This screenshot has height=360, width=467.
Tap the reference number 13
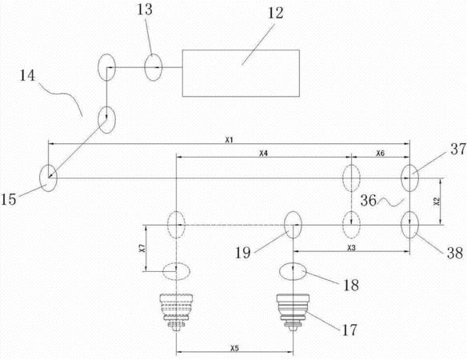[x=145, y=10]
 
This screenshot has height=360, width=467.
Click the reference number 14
[x=27, y=75]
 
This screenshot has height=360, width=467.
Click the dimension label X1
[x=229, y=140]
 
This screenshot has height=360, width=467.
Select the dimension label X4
[x=264, y=154]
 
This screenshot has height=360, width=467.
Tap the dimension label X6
[x=381, y=154]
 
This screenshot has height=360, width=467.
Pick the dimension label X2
[x=437, y=202]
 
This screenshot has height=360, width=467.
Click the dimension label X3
[x=351, y=248]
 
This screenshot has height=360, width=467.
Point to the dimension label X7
[x=142, y=248]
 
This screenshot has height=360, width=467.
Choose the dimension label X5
[x=234, y=348]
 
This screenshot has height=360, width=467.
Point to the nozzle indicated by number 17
[x=293, y=312]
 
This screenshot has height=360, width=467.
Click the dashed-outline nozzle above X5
[x=176, y=312]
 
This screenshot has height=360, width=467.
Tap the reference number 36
[x=369, y=201]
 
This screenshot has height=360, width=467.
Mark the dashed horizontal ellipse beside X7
[x=176, y=271]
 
